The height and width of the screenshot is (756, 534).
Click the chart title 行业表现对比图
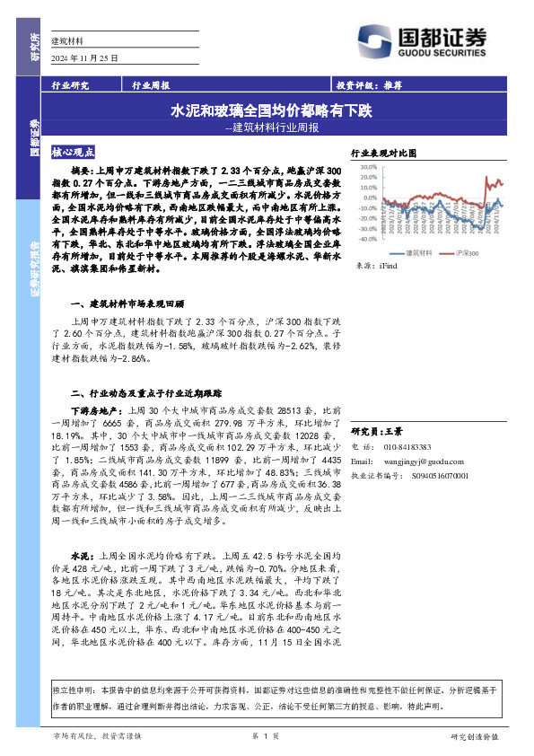(x=384, y=154)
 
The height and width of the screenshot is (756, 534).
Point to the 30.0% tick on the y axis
(x=363, y=166)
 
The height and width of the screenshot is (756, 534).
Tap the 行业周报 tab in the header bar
(x=151, y=86)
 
